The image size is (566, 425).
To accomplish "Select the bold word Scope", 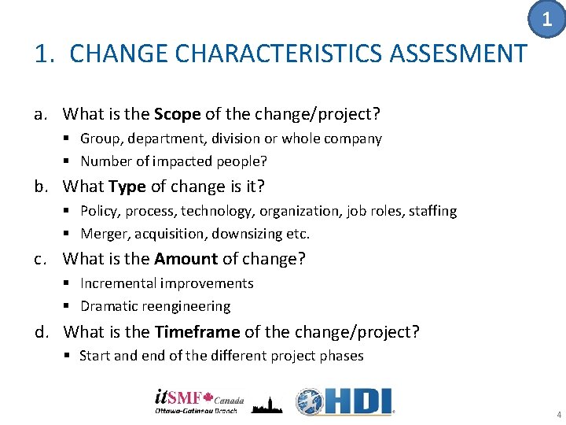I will [178, 114].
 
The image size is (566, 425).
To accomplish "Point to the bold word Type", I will [127, 187].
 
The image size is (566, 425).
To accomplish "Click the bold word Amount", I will [186, 259].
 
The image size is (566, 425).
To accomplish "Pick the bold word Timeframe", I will [197, 331].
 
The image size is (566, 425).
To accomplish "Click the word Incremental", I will [118, 283].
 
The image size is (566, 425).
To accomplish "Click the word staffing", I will [431, 211].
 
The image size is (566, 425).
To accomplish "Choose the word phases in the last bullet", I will [340, 356].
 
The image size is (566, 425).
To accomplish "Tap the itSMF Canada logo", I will [200, 401].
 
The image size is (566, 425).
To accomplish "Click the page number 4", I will [557, 415].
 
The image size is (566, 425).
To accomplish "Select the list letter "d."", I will [44, 331].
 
